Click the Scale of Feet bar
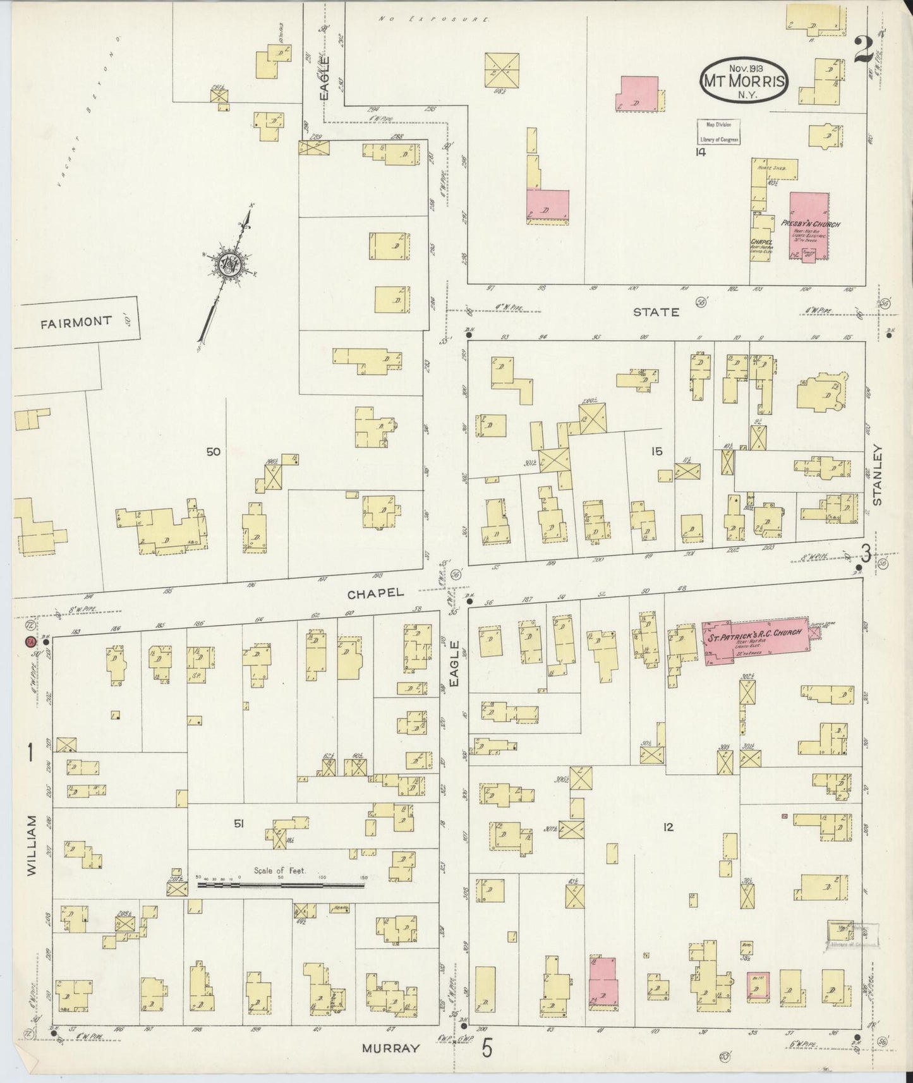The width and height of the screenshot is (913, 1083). pos(281,885)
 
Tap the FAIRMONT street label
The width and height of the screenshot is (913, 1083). pos(76,321)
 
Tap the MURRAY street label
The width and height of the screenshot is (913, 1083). pos(390,1048)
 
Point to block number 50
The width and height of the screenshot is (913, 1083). pos(213,451)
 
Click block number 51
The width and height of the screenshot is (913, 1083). pos(239,823)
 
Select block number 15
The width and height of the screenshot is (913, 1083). pos(657,451)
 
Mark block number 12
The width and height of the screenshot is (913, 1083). pos(668,827)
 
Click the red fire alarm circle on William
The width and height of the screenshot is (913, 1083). pos(29,642)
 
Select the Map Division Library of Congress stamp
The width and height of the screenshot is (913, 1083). pos(718,132)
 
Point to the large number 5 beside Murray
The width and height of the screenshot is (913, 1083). pos(487,1048)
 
